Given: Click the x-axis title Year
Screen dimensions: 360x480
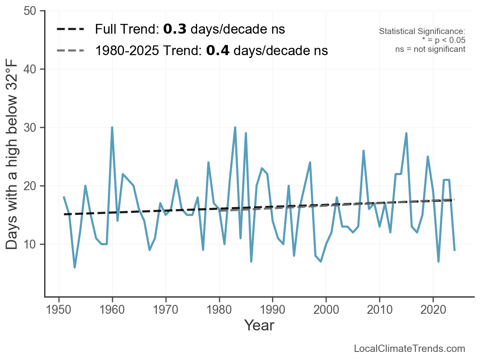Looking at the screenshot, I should (x=259, y=325).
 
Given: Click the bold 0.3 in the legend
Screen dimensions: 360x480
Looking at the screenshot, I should (x=175, y=29).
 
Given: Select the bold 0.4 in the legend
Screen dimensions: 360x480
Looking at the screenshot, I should (x=218, y=51).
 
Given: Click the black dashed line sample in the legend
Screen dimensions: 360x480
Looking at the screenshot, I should (x=70, y=29).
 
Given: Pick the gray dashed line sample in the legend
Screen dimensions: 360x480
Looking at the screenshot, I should (x=70, y=51).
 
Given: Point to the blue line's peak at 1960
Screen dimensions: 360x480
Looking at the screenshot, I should (x=112, y=128).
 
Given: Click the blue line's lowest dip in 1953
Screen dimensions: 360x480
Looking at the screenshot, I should (x=75, y=267).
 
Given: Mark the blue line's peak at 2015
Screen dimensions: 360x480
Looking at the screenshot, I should (x=406, y=133).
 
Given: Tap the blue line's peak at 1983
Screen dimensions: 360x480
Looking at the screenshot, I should (x=235, y=128).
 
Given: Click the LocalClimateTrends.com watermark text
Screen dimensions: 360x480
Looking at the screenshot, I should (x=409, y=349).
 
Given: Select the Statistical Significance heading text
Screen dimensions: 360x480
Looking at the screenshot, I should (x=422, y=32).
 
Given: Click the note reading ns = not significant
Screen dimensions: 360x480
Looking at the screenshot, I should (x=430, y=49).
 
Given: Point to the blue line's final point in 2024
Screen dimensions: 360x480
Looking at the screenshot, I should (x=454, y=250).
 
